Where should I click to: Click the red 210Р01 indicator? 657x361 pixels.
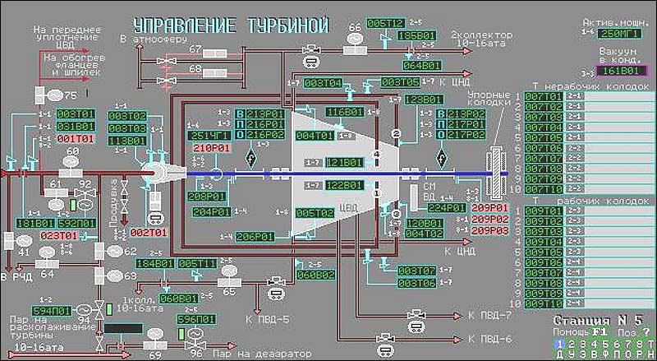209,148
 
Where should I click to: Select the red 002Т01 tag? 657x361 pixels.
148,233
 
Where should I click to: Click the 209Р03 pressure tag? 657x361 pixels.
490,230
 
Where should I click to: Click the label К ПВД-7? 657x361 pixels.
489,315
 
